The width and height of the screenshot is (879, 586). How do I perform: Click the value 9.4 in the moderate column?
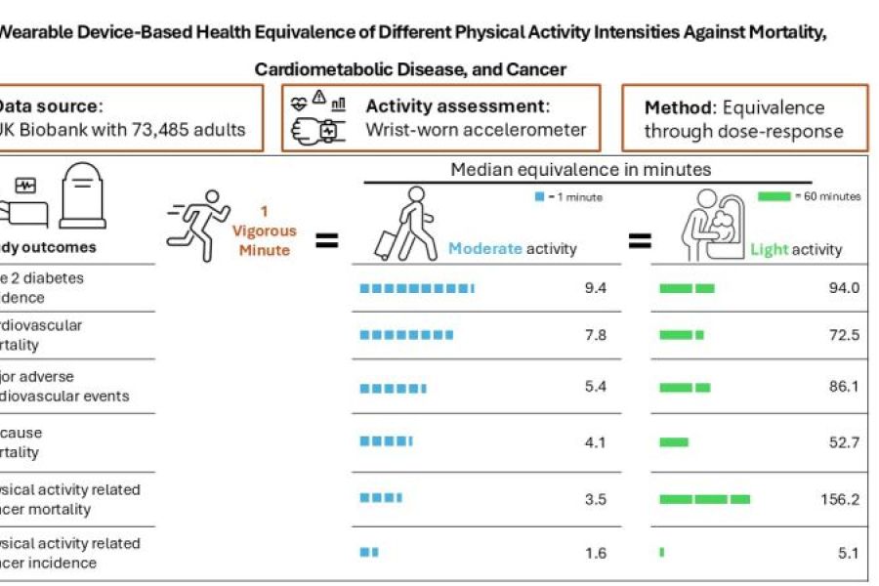(x=596, y=288)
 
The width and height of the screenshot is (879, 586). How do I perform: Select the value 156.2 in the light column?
(x=840, y=499)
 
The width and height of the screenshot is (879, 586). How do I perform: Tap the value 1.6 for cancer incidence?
(x=596, y=554)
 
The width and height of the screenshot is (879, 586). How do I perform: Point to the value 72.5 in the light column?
(x=843, y=335)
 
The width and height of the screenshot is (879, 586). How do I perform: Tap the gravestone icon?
(x=82, y=195)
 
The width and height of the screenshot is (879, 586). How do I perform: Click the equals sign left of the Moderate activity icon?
(x=326, y=239)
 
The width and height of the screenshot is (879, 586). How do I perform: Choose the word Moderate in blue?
(x=484, y=249)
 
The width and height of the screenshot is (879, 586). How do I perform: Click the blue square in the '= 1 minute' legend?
(x=538, y=197)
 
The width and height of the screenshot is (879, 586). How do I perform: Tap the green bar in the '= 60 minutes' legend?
(x=774, y=196)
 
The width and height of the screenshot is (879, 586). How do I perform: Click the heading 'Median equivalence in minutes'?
(x=580, y=170)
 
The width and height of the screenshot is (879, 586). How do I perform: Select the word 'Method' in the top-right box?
(x=677, y=107)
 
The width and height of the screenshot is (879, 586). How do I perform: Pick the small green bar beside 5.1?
(x=662, y=553)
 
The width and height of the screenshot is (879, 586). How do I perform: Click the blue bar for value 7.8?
(x=406, y=335)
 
